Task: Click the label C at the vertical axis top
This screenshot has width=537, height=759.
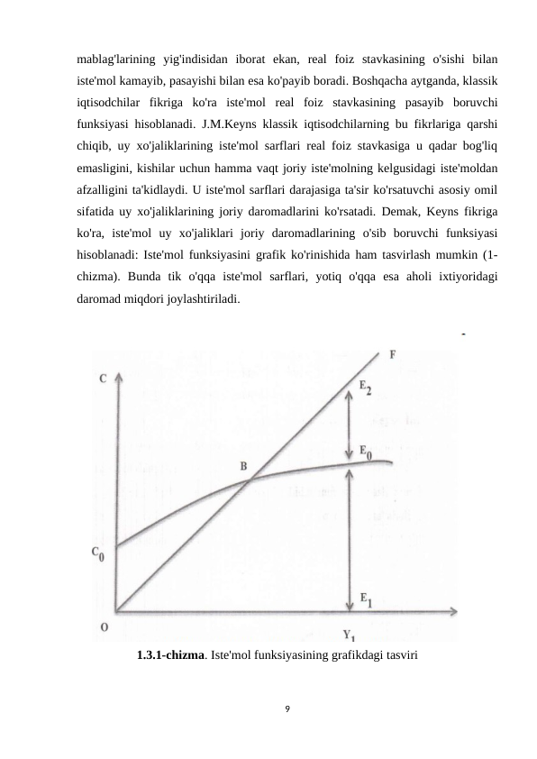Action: pyautogui.click(x=104, y=379)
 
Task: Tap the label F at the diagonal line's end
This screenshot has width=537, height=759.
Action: pyautogui.click(x=393, y=354)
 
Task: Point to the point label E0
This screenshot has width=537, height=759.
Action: pyautogui.click(x=366, y=451)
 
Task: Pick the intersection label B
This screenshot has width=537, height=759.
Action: pyautogui.click(x=243, y=466)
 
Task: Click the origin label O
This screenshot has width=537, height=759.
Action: pyautogui.click(x=105, y=627)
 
